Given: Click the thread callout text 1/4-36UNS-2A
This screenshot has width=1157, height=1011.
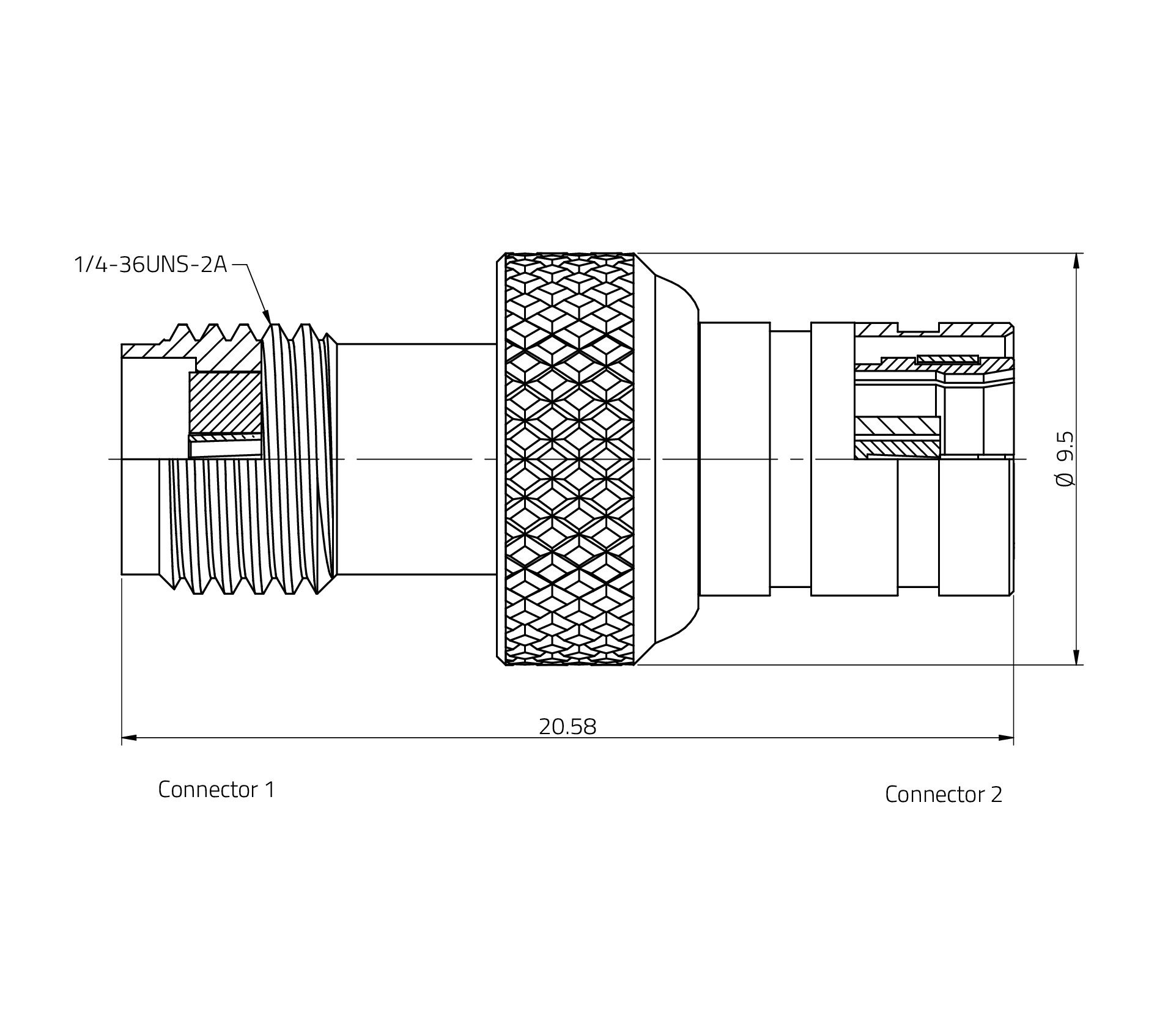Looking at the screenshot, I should [150, 265].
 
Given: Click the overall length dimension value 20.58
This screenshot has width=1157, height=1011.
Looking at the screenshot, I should [567, 727].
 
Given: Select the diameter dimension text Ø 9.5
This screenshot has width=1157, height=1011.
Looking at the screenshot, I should [1065, 458].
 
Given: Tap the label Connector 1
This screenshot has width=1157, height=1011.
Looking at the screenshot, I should [216, 790].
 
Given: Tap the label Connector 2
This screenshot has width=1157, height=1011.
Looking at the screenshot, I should [943, 795].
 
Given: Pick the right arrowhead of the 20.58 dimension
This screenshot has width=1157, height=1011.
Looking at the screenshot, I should [1006, 738].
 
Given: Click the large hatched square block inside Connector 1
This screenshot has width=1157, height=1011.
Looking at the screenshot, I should [225, 402].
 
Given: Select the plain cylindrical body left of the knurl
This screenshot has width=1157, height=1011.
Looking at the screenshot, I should [416, 458].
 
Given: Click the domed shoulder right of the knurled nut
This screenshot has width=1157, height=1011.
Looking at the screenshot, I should [676, 458].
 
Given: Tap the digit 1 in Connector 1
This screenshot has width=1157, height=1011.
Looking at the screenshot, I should [270, 790].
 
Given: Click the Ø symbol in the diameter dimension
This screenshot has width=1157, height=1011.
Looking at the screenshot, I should [1065, 479].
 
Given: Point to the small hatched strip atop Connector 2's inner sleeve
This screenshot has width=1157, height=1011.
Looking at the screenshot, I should [947, 359].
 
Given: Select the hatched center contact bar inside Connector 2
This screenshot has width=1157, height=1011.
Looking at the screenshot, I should [897, 425].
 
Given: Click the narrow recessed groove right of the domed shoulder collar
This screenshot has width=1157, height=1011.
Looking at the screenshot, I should [790, 458].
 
